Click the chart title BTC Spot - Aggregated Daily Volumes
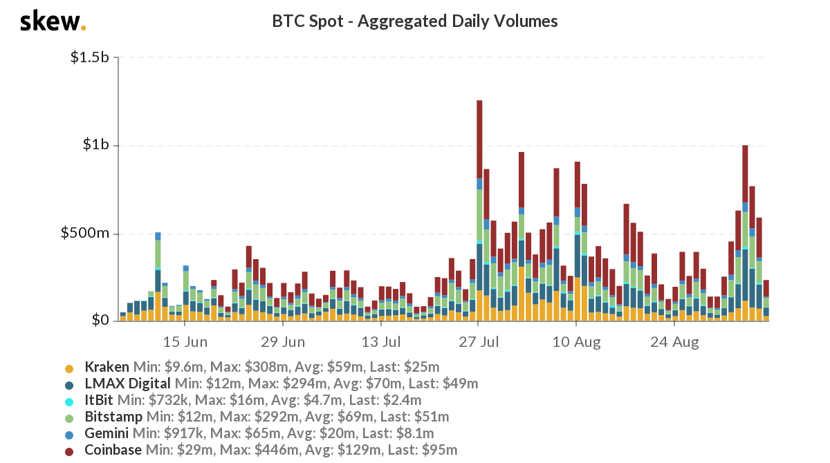pos(415,21)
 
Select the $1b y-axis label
pos(96,145)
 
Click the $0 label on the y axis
pos(101,321)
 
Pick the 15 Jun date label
pos(185,341)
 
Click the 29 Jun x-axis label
pos(284,341)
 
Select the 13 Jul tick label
pos(381,341)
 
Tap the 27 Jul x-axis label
pos(479,341)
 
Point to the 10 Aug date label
pos(577,341)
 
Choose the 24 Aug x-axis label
pos(675,341)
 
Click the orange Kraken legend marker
pos(69,368)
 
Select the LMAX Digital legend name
pos(128,383)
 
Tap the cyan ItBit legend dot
pos(69,401)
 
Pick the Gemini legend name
pos(108,433)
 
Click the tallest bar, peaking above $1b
pos(479,207)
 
